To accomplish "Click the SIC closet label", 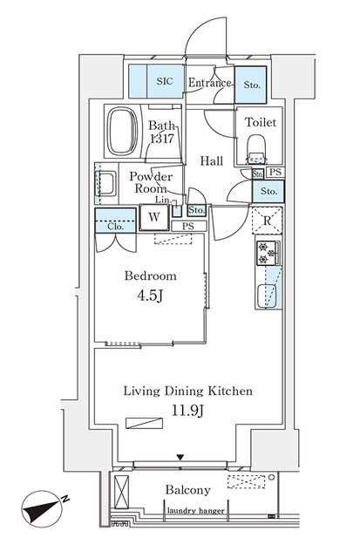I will click(164, 82).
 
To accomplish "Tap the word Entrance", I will click(209, 84).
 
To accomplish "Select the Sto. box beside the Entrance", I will click(250, 85).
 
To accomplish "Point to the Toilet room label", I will click(260, 123).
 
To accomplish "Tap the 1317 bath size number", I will click(161, 139).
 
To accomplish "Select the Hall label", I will click(212, 160).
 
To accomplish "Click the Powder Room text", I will click(149, 183).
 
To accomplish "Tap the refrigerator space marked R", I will click(267, 220).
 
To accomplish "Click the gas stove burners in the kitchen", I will click(267, 254).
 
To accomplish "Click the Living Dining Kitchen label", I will click(187, 391).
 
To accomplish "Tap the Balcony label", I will click(188, 490).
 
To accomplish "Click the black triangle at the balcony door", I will click(180, 458).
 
